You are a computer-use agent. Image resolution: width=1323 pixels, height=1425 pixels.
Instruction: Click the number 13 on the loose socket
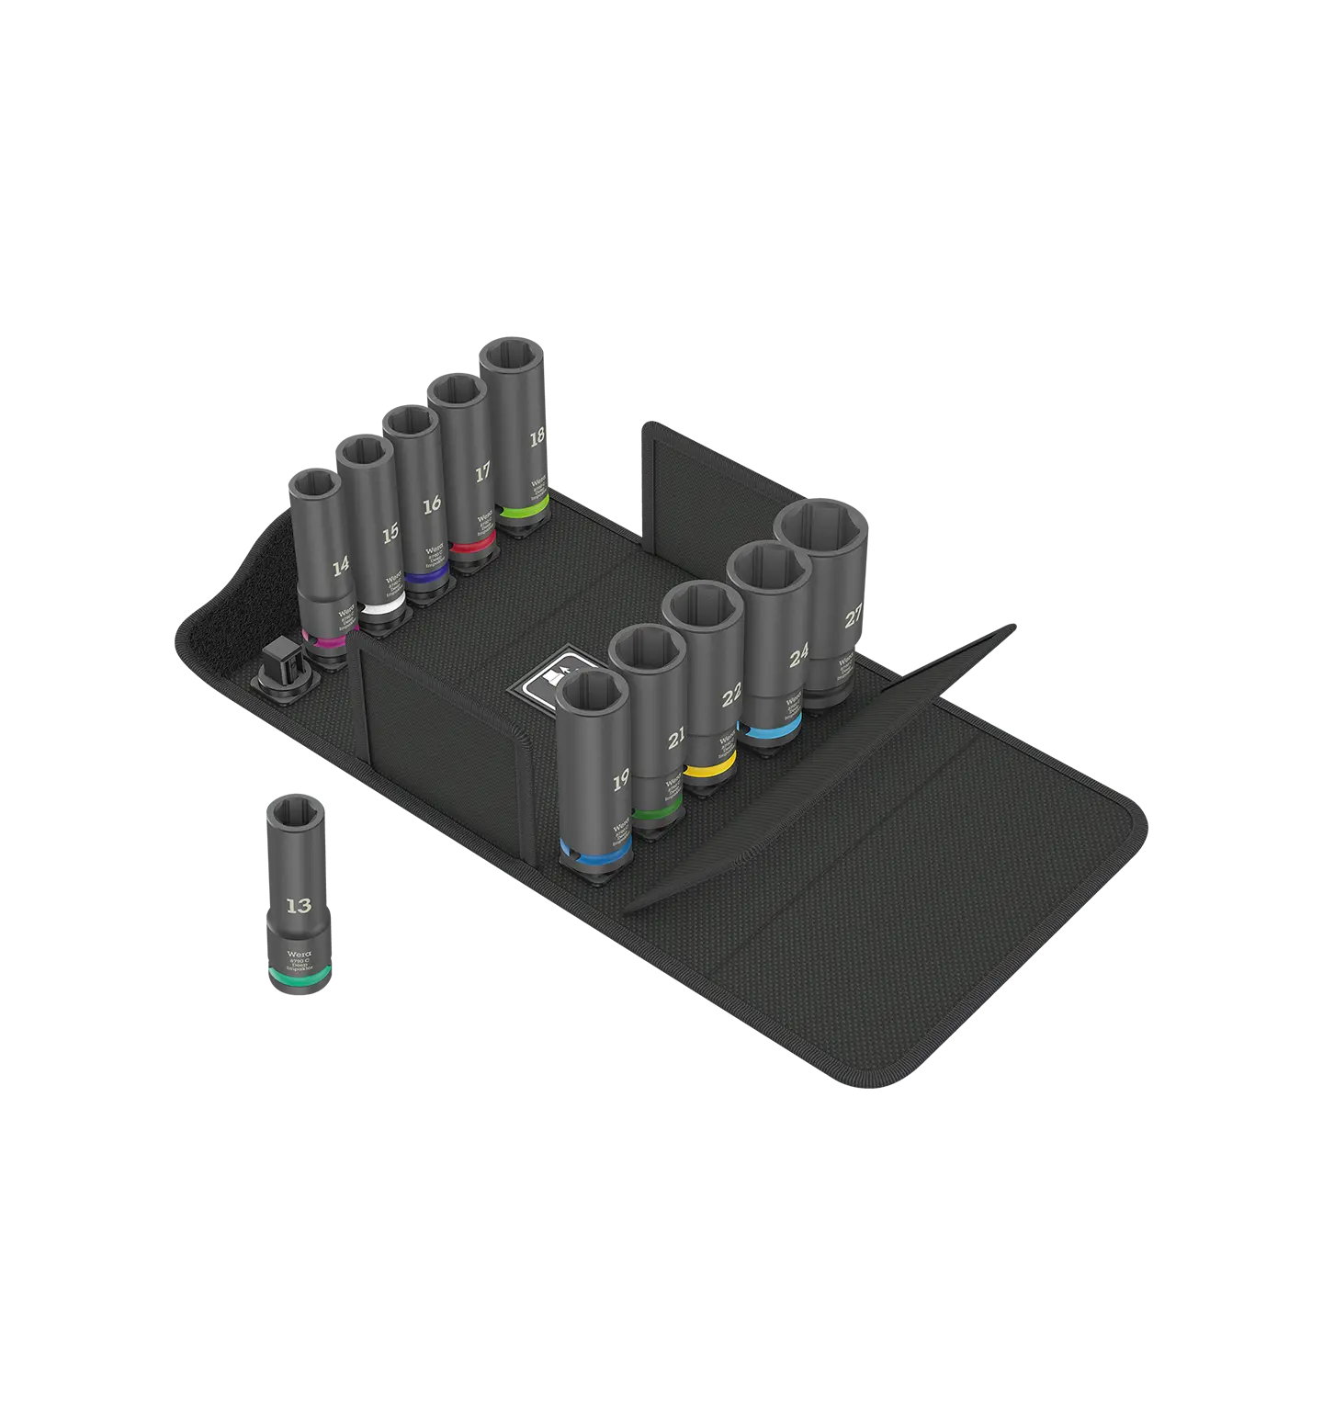pos(299,906)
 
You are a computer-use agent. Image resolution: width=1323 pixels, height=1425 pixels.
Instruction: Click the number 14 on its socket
pos(341,567)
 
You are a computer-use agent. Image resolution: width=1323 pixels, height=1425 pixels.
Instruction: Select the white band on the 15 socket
pos(382,610)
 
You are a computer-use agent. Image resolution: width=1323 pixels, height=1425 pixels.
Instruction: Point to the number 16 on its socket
pos(432,503)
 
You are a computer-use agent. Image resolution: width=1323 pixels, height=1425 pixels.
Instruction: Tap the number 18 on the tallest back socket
pos(537,437)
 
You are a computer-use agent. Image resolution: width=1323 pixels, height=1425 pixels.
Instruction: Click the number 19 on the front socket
pos(621,782)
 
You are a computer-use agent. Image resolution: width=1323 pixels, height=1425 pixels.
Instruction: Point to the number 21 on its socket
pos(676,737)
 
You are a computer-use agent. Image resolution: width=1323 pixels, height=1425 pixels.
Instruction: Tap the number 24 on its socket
pos(798,655)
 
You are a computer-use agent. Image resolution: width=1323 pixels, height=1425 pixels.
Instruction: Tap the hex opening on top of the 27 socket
pos(820,530)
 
